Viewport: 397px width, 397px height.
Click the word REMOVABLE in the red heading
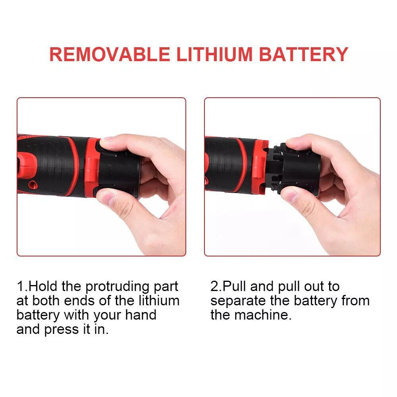[110, 54]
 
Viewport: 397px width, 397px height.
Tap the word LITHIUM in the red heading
[214, 54]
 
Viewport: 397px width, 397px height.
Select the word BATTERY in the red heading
[304, 54]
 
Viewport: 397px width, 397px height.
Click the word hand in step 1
[141, 315]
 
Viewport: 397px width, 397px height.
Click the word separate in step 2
[237, 301]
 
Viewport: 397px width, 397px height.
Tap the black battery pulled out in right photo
[296, 169]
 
